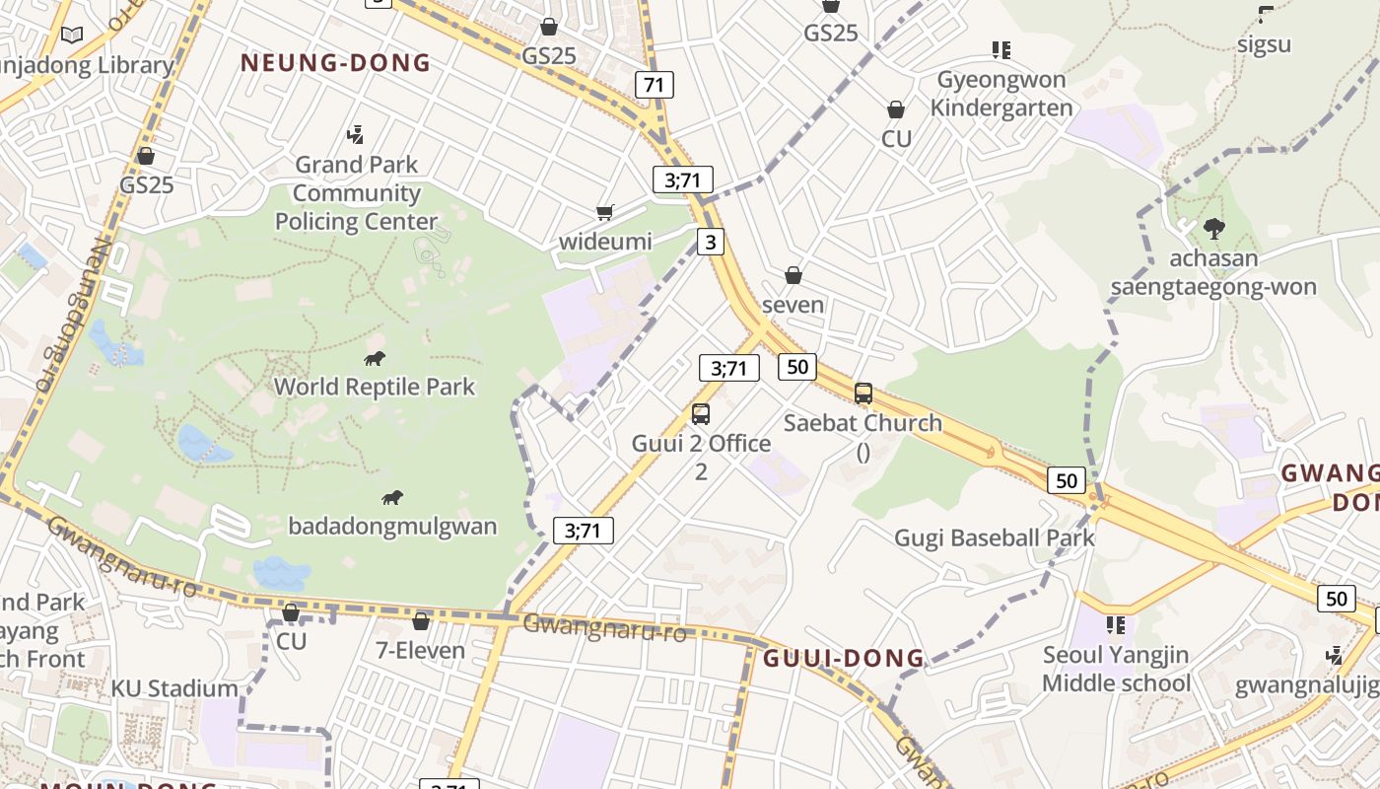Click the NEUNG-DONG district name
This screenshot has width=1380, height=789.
tap(335, 63)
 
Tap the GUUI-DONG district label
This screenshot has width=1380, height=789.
tap(844, 658)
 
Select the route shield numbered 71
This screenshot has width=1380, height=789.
tap(655, 85)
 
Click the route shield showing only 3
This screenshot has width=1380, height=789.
tap(710, 242)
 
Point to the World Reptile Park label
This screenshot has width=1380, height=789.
tap(375, 387)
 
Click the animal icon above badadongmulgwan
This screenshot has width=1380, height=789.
tap(392, 498)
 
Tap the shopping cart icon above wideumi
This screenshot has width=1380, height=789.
tap(605, 212)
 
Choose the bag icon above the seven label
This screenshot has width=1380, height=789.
tap(793, 275)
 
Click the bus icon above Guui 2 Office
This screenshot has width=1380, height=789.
tap(701, 414)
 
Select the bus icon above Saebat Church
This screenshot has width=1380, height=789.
tap(863, 394)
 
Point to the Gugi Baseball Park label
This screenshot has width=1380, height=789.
tap(995, 538)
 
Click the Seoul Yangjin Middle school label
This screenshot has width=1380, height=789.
tap(1117, 669)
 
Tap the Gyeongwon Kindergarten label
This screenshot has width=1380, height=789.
tap(1001, 94)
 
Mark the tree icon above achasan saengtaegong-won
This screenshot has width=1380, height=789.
tap(1214, 229)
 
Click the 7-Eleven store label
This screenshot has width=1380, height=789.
tap(421, 651)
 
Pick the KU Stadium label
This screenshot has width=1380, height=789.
tap(174, 688)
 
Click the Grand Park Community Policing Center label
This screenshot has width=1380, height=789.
tap(356, 193)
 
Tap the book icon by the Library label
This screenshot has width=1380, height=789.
tap(72, 36)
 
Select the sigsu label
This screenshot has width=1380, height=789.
tap(1265, 44)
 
